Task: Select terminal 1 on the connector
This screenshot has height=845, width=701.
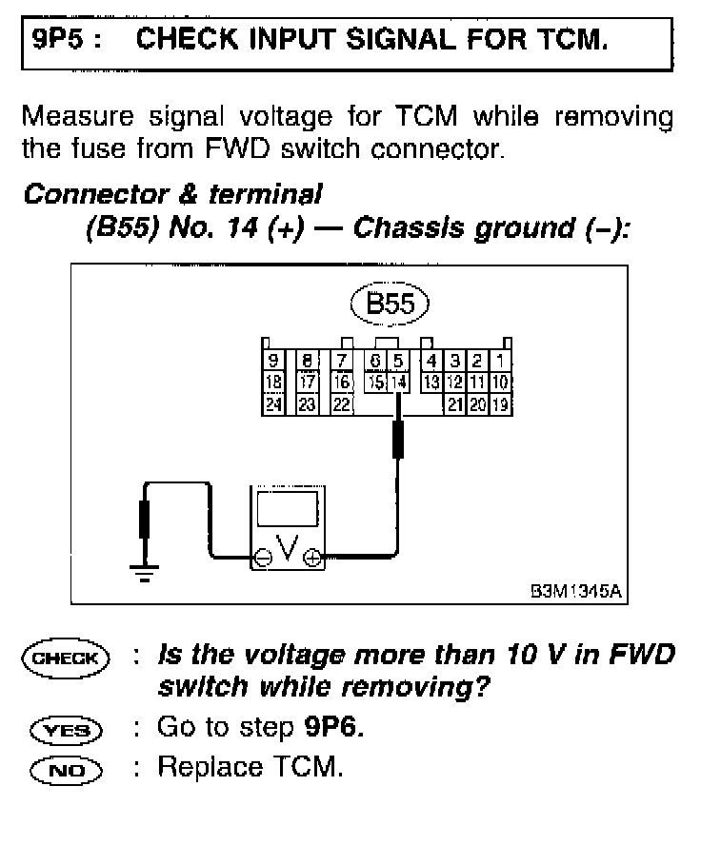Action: click(x=502, y=362)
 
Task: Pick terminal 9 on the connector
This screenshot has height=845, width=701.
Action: click(x=274, y=362)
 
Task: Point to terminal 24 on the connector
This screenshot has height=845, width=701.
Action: click(x=274, y=403)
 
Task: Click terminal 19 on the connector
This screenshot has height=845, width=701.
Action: click(x=502, y=403)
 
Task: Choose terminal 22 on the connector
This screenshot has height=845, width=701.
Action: click(x=340, y=403)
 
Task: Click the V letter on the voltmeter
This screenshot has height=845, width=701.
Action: click(x=287, y=550)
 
